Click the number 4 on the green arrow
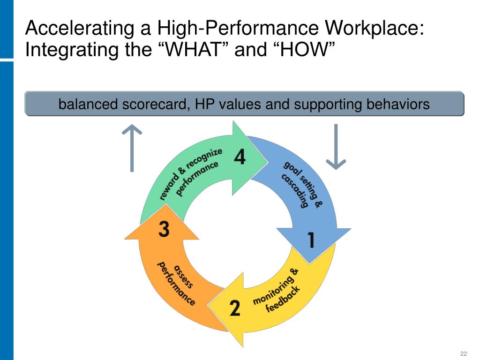pos(239,157)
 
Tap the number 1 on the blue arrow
pos(311,240)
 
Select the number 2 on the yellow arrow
pos(235,308)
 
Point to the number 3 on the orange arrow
pos(164,229)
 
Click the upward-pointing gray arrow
pos(132,148)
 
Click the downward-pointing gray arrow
pos(336,146)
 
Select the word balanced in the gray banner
pos(88,104)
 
